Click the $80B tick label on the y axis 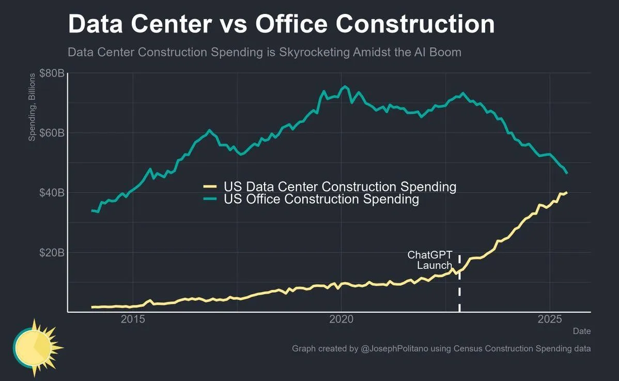[x=52, y=73]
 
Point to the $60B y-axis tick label [x=52, y=133]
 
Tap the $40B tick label [x=52, y=193]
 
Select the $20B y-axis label [x=52, y=253]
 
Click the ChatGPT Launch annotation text [x=430, y=260]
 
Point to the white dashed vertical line [x=459, y=289]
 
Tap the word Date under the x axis [x=581, y=331]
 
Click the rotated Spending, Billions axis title [x=32, y=107]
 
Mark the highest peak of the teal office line [x=345, y=86]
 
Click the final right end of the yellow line [x=567, y=192]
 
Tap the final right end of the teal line [x=567, y=173]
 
